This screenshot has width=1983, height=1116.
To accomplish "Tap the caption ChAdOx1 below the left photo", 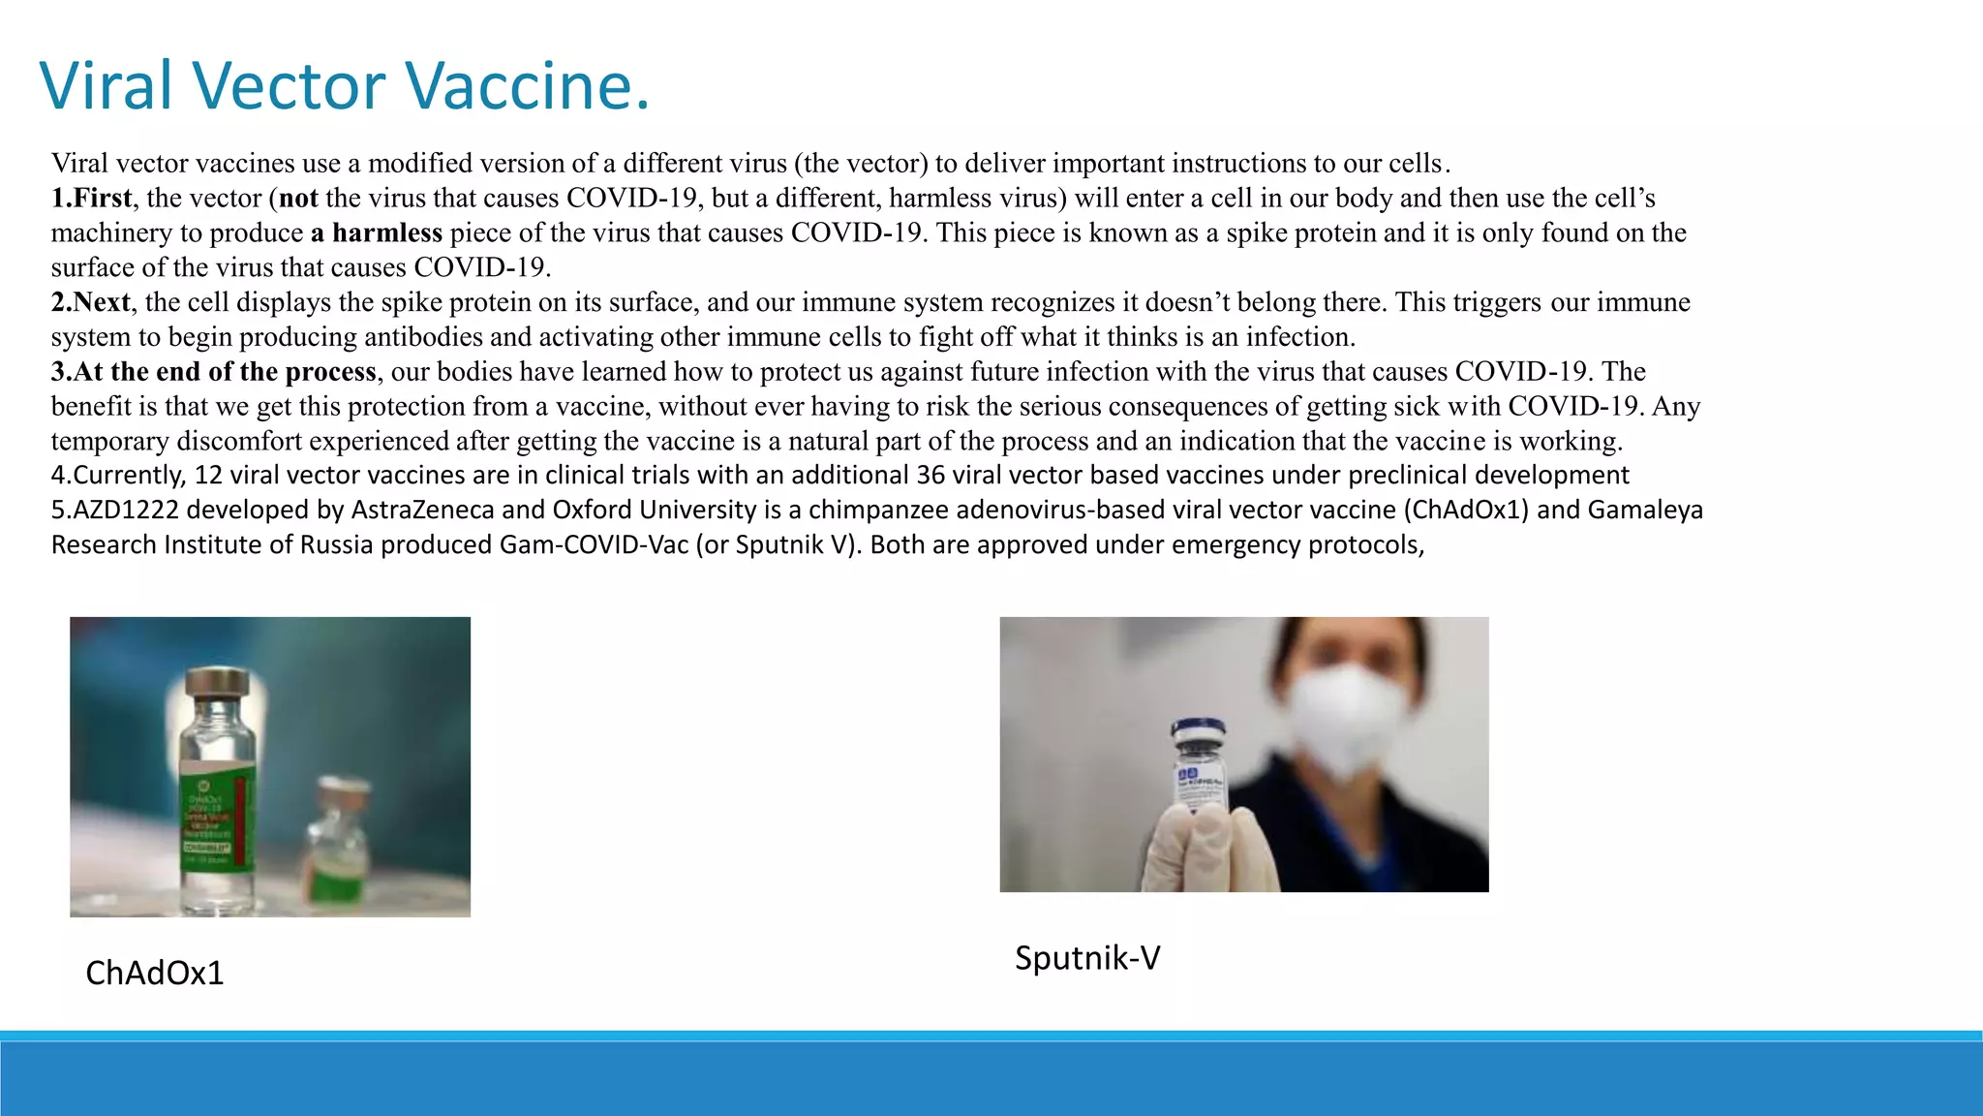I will coord(155,973).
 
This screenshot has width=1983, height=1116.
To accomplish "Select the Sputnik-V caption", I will coord(1087,958).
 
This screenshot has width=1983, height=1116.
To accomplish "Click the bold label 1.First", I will coord(91,198).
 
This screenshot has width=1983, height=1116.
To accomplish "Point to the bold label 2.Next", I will coord(90,302).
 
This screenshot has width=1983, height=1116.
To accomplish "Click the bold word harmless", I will coord(386,232).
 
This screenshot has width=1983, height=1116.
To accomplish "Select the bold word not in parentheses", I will coord(298,198).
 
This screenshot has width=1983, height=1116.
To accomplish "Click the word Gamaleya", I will coord(1645,510).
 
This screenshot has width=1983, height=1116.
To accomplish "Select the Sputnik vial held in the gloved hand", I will coord(1201,765).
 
